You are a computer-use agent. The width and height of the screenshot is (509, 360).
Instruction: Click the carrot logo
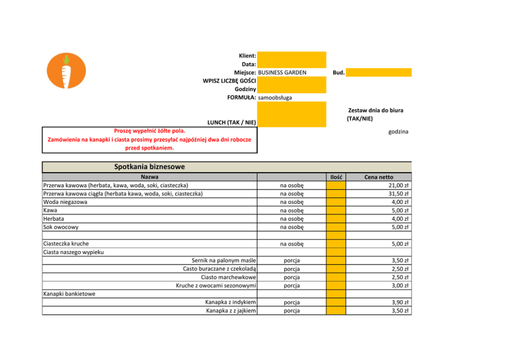coord(66,71)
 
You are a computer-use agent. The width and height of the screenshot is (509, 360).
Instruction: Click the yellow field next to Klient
coord(291,55)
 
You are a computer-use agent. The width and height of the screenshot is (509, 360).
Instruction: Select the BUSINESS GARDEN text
coord(282,72)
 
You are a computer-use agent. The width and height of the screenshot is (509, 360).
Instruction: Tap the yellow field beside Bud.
coord(379,72)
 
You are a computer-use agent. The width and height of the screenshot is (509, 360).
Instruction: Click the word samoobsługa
coord(275,98)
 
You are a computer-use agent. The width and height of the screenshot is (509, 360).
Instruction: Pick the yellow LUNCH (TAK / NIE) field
coord(291,114)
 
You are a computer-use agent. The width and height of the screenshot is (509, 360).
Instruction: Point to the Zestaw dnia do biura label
coord(375,110)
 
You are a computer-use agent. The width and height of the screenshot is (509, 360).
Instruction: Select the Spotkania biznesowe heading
coord(149,167)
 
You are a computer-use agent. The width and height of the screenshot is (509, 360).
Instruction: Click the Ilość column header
coord(336,177)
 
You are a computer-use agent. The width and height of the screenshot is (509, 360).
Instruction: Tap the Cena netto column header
coord(379,177)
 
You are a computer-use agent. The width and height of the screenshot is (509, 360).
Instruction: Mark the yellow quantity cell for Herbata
coord(336,219)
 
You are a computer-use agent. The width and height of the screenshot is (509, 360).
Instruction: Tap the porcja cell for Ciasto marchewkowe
coord(292,277)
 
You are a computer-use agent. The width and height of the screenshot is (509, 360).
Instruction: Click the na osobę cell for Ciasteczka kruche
coord(292,244)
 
